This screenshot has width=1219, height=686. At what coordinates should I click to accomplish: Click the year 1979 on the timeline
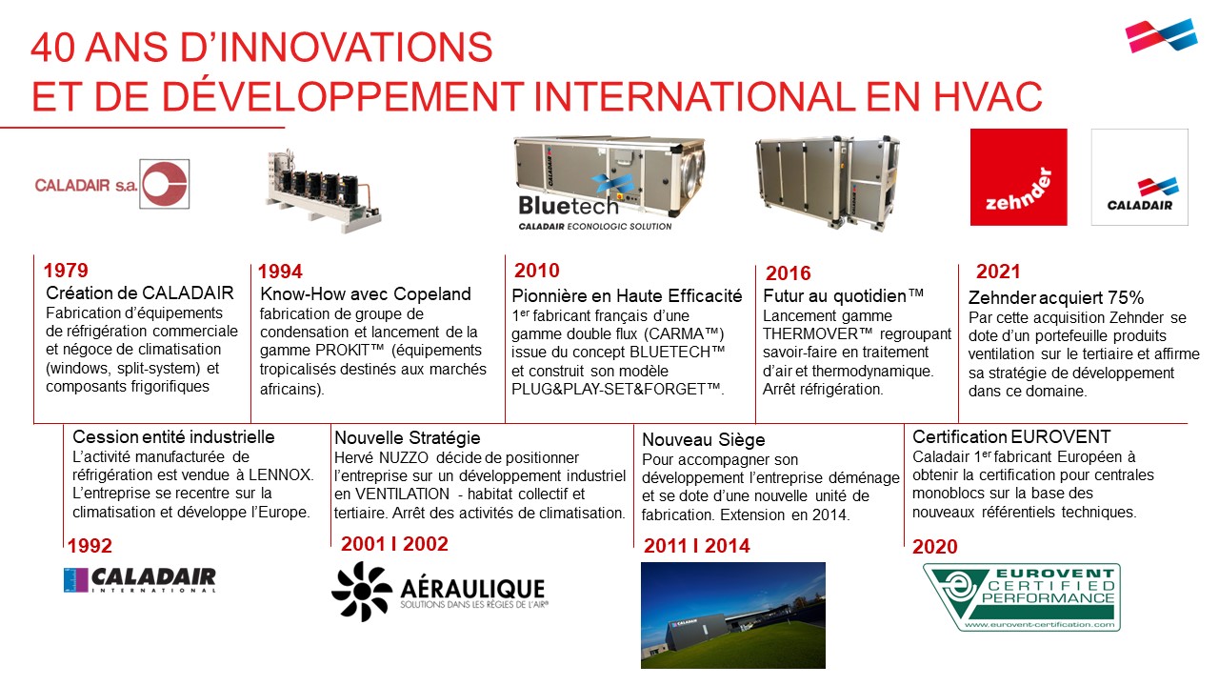66,270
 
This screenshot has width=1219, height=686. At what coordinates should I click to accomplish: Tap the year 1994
280,272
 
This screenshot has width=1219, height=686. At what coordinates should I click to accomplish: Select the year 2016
788,272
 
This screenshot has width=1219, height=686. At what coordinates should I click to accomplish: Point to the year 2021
998,272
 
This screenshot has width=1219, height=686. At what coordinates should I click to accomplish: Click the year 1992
90,546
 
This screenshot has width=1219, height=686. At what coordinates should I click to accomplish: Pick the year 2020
935,546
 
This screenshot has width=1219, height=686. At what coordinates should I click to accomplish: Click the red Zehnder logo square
1019,177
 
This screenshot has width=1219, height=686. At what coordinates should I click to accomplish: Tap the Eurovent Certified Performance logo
1022,597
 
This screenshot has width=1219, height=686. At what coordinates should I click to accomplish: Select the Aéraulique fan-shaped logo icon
362,592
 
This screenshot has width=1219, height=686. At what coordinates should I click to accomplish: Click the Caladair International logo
140,580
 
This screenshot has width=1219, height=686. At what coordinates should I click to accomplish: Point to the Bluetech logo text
569,206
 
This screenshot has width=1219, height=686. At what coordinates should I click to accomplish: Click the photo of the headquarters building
733,615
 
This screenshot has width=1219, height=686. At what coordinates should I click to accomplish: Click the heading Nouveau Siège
704,439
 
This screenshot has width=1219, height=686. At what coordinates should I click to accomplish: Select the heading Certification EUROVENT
1011,436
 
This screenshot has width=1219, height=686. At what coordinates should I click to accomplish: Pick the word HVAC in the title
988,96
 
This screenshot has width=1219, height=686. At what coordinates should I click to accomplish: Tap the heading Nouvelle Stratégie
408,437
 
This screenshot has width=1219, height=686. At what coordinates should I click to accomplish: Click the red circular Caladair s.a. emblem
165,184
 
